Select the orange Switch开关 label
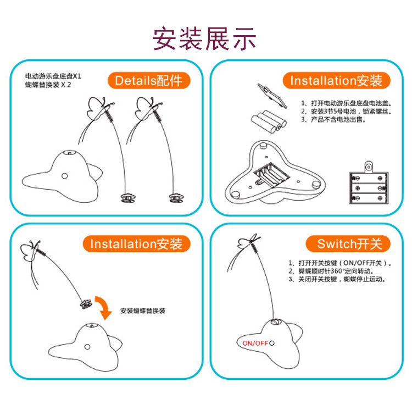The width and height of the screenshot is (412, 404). click(x=349, y=243)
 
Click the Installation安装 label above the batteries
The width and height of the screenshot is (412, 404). click(x=336, y=81)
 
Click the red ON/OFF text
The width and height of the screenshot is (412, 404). click(x=255, y=342)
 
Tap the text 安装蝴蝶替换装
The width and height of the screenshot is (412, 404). click(x=143, y=311)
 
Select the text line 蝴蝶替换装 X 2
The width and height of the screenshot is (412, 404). click(x=48, y=86)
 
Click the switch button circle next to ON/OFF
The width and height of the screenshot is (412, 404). click(x=272, y=342)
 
